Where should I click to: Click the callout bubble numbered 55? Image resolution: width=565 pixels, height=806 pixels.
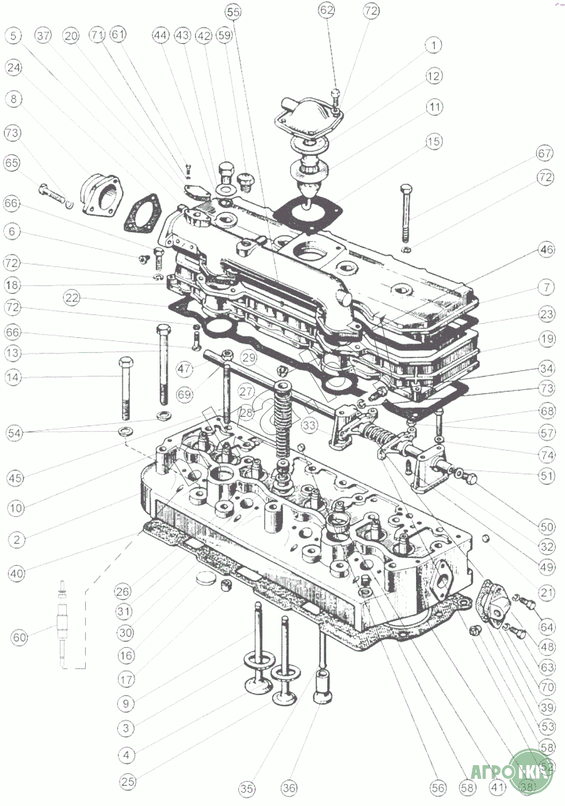pos(234,12)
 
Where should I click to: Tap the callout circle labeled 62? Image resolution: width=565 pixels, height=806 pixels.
pos(327,10)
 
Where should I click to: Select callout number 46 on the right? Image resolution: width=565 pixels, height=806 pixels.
pos(547,249)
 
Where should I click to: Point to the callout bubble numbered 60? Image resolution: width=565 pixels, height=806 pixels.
pos(20,637)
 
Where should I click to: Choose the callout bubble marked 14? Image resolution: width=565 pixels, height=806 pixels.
pos(13,378)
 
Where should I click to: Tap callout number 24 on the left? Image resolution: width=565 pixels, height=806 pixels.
pos(14,67)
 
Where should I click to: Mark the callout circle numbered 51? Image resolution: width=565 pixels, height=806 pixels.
pos(547,476)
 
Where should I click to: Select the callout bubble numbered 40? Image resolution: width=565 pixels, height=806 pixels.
pos(17,573)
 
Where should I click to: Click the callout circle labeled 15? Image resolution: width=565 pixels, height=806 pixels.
pos(433,141)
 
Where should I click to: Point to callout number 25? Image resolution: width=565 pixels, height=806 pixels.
pos(128,781)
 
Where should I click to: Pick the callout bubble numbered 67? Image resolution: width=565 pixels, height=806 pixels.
pos(545,154)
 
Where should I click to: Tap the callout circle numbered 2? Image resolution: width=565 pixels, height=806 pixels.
pos(17,539)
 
